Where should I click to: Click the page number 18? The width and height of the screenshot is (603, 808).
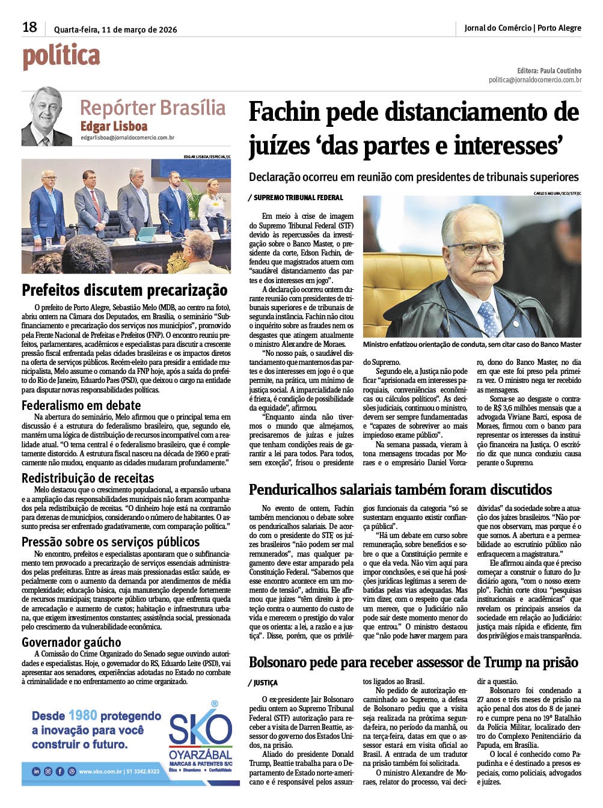pyautogui.click(x=29, y=27)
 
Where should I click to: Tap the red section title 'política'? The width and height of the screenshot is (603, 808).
pyautogui.click(x=61, y=57)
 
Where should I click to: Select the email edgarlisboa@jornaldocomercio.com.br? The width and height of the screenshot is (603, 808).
pyautogui.click(x=127, y=138)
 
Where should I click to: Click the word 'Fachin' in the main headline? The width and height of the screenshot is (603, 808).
pyautogui.click(x=287, y=112)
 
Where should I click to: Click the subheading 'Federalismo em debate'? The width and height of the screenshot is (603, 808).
pyautogui.click(x=81, y=405)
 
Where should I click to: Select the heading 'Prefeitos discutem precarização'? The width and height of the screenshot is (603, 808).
pyautogui.click(x=124, y=290)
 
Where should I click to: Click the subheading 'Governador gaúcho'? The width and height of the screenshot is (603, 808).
pyautogui.click(x=72, y=642)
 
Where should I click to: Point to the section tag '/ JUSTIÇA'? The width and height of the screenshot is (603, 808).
pyautogui.click(x=263, y=683)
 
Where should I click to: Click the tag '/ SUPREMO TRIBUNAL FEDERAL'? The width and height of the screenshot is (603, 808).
pyautogui.click(x=295, y=197)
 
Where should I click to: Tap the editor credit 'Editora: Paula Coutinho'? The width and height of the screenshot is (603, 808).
pyautogui.click(x=549, y=70)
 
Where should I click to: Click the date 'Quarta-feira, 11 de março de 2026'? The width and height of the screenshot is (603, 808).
pyautogui.click(x=114, y=29)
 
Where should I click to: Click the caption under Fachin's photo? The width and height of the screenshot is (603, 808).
pyautogui.click(x=472, y=344)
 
